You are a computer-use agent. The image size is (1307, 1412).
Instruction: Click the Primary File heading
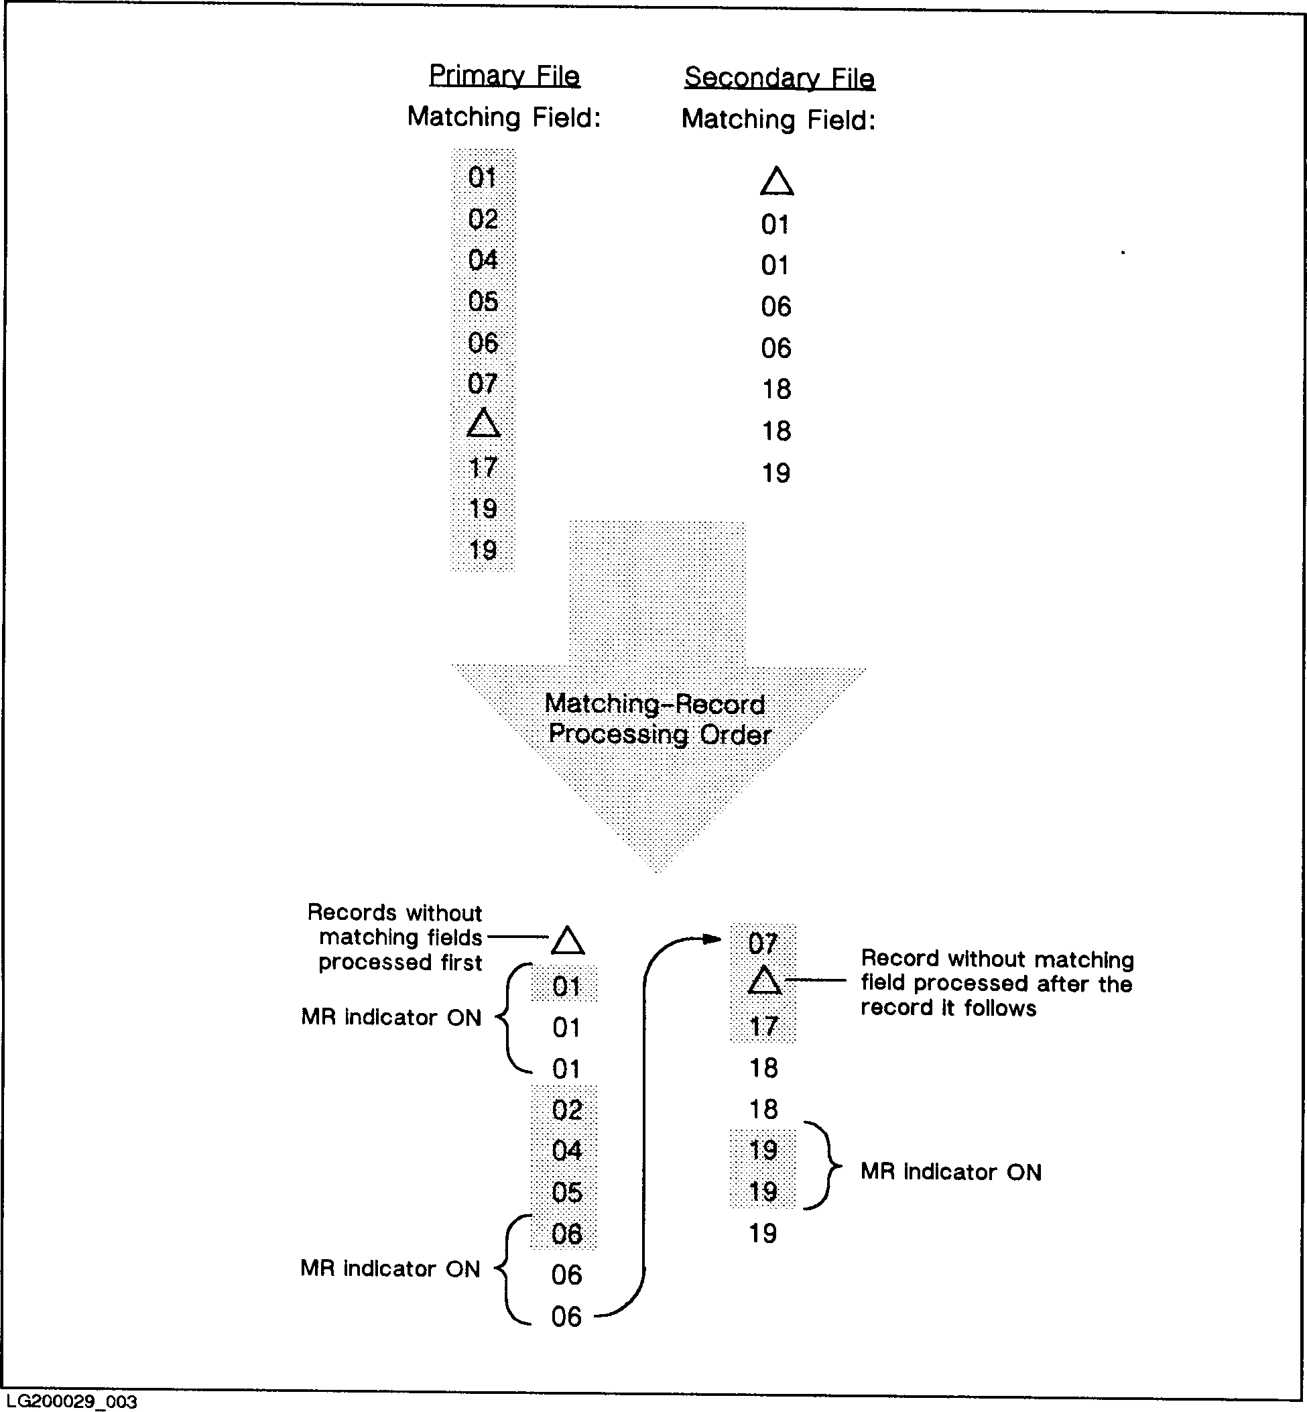tap(504, 76)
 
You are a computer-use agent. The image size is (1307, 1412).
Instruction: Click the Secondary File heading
tap(780, 78)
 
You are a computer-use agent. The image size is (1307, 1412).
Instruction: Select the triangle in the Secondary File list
tap(777, 182)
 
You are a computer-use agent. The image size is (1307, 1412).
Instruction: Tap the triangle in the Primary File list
tap(484, 424)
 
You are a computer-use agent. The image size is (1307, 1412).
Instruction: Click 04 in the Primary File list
tap(483, 260)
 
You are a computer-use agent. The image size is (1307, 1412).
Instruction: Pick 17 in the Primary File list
tap(483, 467)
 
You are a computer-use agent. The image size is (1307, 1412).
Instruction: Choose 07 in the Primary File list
tap(483, 384)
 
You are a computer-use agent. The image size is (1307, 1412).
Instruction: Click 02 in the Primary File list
tap(483, 219)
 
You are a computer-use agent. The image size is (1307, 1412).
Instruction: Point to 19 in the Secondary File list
tap(776, 473)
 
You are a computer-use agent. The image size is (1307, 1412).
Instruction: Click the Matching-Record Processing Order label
tap(658, 719)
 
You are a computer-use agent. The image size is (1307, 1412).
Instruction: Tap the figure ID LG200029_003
tap(71, 1401)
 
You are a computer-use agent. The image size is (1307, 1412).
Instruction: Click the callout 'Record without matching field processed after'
tap(997, 984)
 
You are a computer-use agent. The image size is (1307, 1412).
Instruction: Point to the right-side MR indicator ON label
tap(950, 1172)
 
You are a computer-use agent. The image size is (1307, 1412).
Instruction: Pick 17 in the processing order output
tap(764, 1026)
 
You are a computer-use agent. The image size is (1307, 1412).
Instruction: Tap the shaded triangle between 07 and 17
tap(764, 982)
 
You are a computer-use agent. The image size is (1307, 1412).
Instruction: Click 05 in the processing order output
tap(567, 1193)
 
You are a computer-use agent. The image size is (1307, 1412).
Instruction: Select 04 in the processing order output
tap(567, 1151)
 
